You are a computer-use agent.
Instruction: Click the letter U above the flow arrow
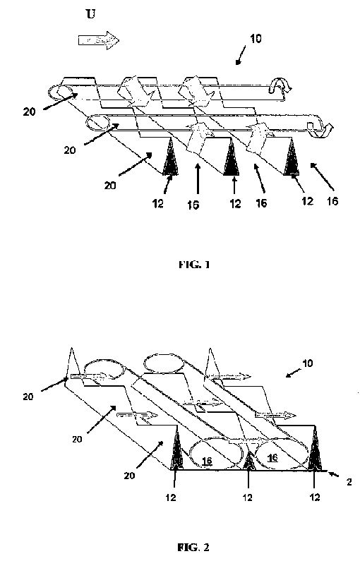(x=91, y=14)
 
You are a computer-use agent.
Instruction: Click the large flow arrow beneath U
(x=98, y=40)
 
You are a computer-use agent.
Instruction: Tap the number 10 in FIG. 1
(x=256, y=39)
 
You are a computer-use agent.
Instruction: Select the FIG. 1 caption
(x=194, y=265)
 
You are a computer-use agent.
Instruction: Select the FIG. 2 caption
(x=193, y=548)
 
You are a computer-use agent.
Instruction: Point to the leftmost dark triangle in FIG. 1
(x=171, y=157)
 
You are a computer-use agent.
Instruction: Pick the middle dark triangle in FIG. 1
(x=231, y=157)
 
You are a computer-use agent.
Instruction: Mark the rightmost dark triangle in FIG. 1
(x=292, y=157)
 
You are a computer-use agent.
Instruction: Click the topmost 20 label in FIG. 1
(x=30, y=111)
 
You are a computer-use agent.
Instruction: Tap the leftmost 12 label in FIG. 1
(x=158, y=204)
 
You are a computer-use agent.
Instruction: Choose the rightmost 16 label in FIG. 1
(x=332, y=201)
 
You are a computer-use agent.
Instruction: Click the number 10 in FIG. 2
(x=307, y=363)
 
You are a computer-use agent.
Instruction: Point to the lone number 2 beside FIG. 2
(x=349, y=482)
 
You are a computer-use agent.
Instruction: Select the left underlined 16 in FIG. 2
(x=208, y=461)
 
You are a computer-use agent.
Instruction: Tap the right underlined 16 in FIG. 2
(x=272, y=457)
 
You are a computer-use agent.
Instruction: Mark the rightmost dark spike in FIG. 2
(x=315, y=449)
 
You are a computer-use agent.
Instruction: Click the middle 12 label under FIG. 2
(x=248, y=497)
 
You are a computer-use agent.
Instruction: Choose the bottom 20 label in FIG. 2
(x=130, y=476)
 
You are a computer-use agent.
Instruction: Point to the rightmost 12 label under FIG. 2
(x=315, y=497)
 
